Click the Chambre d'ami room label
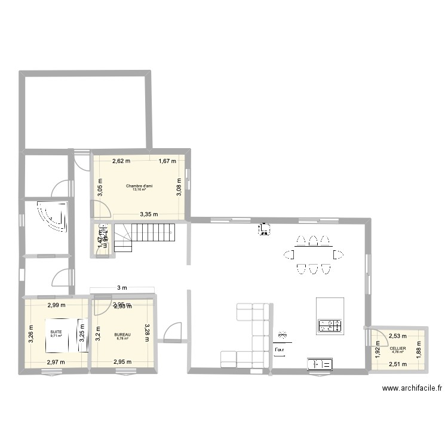coord(139,186)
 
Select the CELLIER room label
coord(398,348)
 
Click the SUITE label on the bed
coord(56,332)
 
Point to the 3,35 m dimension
coord(149,214)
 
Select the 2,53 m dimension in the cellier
coord(398,336)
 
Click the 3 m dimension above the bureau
coord(122,288)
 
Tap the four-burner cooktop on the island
coord(330,326)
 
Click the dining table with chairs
coord(313,255)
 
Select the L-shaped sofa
coord(250,335)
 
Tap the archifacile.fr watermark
coord(412,388)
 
